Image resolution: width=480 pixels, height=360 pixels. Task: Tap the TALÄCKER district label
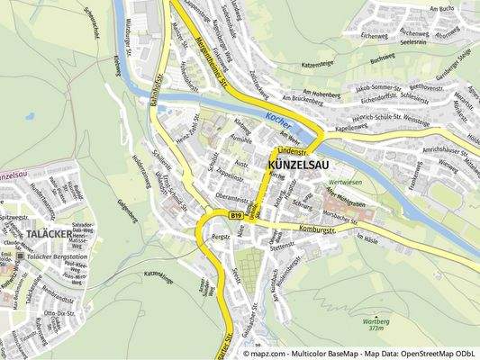click(41, 233)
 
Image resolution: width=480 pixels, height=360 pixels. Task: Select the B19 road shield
click(236, 216)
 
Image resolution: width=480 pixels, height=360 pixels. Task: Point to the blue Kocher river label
click(279, 119)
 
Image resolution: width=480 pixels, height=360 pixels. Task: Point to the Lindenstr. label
click(293, 148)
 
